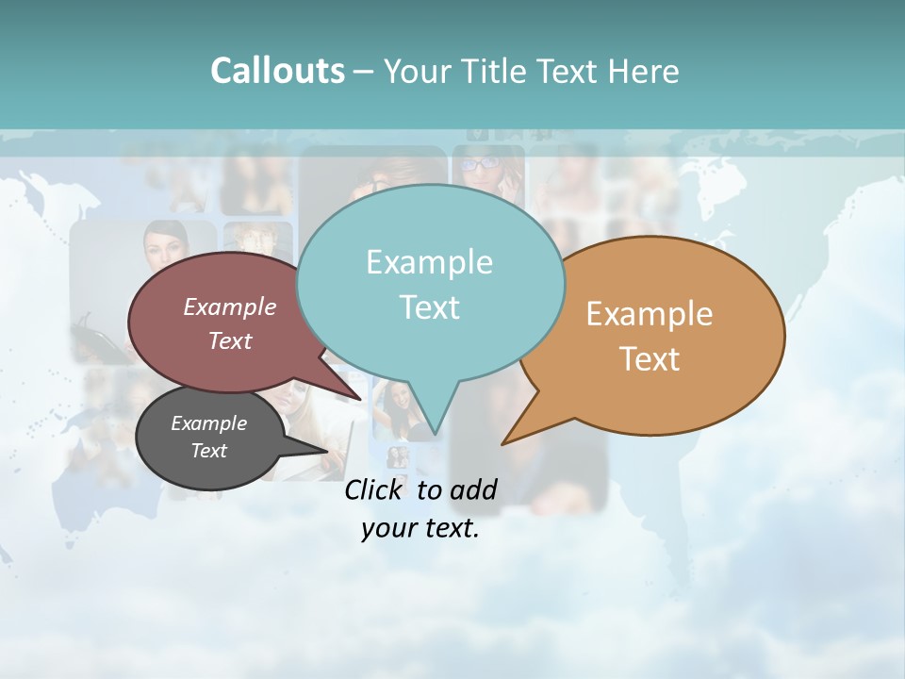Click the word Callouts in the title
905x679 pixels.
click(x=277, y=71)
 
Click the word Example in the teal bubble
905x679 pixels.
click(x=430, y=262)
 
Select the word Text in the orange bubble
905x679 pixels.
click(x=650, y=359)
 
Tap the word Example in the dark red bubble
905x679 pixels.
click(x=230, y=306)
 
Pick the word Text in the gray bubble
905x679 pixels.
click(x=209, y=451)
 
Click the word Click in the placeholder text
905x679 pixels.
click(x=374, y=489)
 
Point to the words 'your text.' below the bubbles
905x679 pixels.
click(x=420, y=528)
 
